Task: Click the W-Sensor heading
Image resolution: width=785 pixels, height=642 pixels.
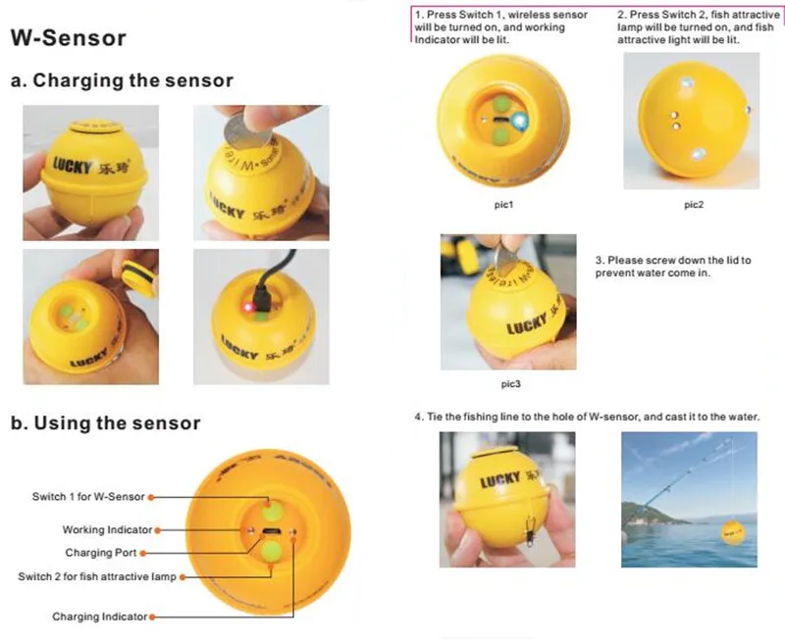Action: pyautogui.click(x=68, y=38)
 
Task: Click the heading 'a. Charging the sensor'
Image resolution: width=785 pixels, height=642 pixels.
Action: pyautogui.click(x=122, y=80)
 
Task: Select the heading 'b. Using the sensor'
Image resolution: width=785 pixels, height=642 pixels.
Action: pyautogui.click(x=105, y=423)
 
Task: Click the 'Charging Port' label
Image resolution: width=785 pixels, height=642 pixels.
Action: pyautogui.click(x=101, y=553)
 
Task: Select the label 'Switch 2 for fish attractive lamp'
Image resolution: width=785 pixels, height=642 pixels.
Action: pyautogui.click(x=97, y=576)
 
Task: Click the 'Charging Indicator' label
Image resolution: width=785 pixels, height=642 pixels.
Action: pyautogui.click(x=99, y=617)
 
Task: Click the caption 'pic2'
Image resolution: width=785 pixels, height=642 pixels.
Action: pyautogui.click(x=694, y=205)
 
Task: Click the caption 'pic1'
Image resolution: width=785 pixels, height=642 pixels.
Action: pyautogui.click(x=504, y=205)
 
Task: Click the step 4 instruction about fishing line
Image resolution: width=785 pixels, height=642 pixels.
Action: pyautogui.click(x=588, y=418)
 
